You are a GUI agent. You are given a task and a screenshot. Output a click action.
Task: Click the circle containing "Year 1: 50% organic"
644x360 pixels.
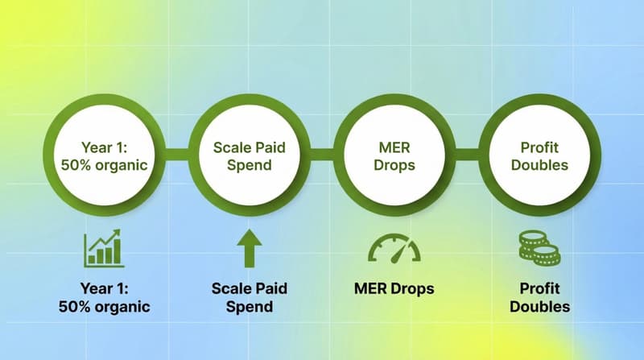103,155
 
